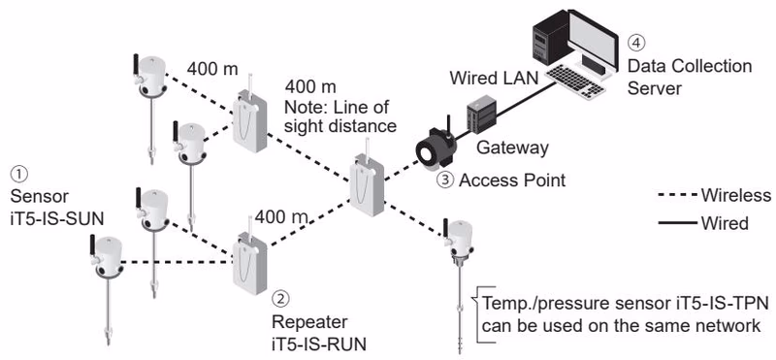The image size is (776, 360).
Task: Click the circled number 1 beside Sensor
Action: point(19,174)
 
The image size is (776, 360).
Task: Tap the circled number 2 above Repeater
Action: point(280,299)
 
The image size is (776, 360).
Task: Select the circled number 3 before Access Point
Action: point(445,180)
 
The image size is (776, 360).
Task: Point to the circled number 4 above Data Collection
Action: point(636,43)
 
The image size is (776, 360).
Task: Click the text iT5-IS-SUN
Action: point(57,219)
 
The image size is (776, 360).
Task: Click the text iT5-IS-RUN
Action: point(319,344)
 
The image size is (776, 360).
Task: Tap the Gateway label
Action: point(512,147)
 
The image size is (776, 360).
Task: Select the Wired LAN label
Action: point(494,78)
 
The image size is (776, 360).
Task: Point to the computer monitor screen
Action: point(593,36)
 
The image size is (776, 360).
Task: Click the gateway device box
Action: point(481,115)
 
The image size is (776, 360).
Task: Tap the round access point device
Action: point(436,146)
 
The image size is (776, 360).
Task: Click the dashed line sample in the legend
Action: point(677,196)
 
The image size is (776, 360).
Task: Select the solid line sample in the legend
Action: point(677,223)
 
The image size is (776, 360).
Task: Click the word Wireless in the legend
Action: point(736,196)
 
